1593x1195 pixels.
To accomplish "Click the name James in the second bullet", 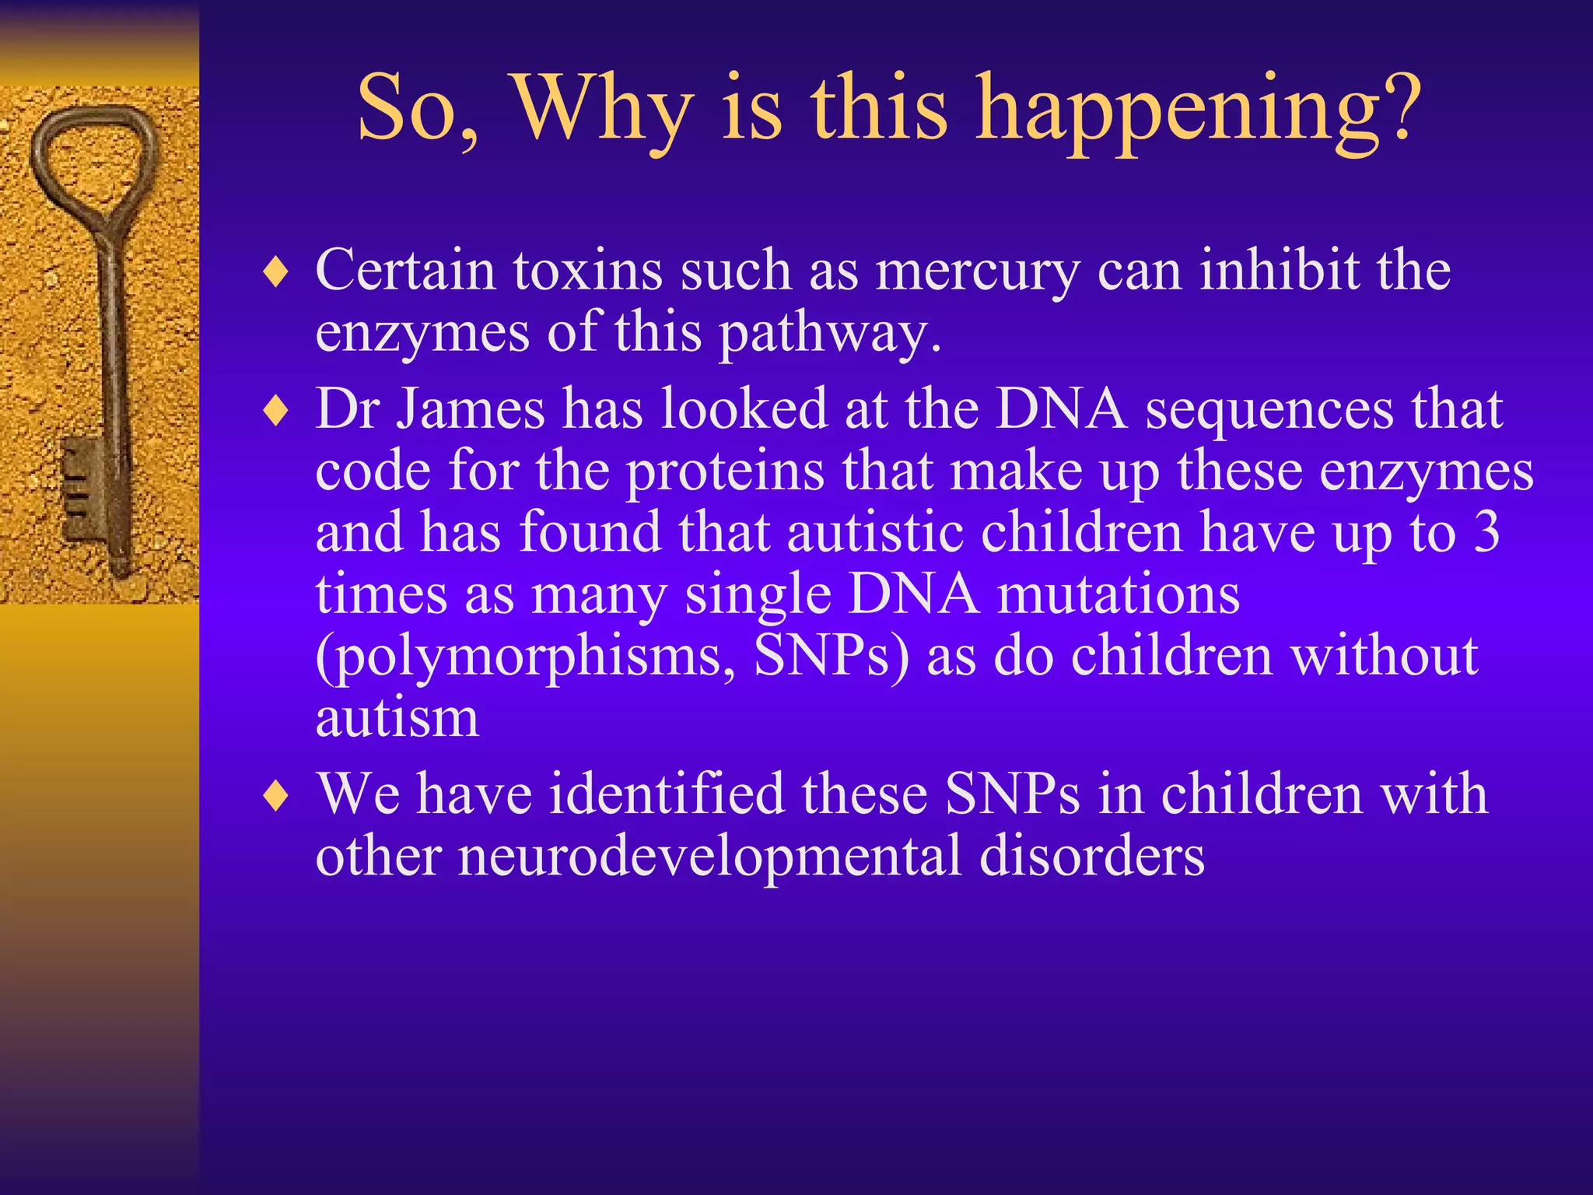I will [471, 409].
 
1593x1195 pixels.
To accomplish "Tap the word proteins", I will [725, 473].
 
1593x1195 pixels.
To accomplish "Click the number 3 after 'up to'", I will [1486, 533].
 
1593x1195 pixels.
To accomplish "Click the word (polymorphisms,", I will [525, 657].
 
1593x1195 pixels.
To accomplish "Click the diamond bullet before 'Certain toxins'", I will [276, 273].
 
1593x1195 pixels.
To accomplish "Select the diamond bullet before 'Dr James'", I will [276, 412].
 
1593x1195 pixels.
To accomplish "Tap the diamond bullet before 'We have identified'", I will [276, 796].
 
